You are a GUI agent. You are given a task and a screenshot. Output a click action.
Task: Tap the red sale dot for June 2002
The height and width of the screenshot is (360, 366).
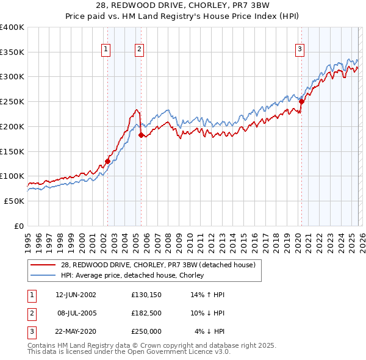pyautogui.click(x=108, y=161)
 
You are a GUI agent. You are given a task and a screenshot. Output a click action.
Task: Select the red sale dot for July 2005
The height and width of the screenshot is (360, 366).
pyautogui.click(x=141, y=135)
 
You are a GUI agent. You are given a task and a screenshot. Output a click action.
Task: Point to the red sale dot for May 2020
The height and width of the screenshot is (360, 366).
pyautogui.click(x=301, y=102)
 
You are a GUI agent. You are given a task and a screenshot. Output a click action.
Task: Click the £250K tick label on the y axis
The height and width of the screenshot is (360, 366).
pyautogui.click(x=12, y=102)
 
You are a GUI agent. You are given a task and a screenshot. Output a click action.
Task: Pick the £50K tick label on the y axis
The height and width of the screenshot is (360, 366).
pyautogui.click(x=14, y=201)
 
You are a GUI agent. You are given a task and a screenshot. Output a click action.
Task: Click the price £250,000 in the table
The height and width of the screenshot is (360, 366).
pyautogui.click(x=146, y=331)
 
